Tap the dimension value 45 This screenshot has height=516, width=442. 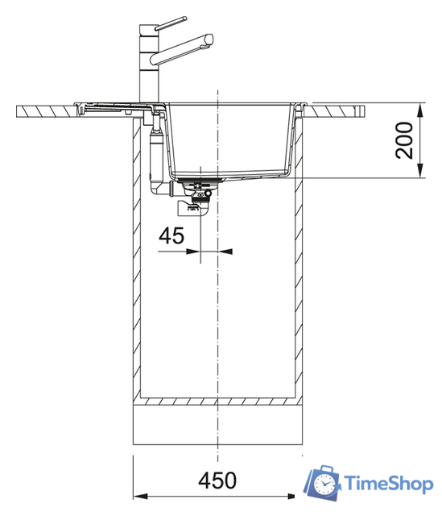pyautogui.click(x=171, y=235)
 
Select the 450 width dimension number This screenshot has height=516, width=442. pyautogui.click(x=218, y=480)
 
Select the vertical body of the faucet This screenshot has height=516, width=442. pyautogui.click(x=147, y=64)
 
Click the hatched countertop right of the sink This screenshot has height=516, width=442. pyautogui.click(x=338, y=107)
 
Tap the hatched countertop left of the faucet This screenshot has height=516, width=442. pyautogui.click(x=44, y=107)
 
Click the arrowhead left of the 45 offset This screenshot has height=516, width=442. pyautogui.click(x=193, y=252)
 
